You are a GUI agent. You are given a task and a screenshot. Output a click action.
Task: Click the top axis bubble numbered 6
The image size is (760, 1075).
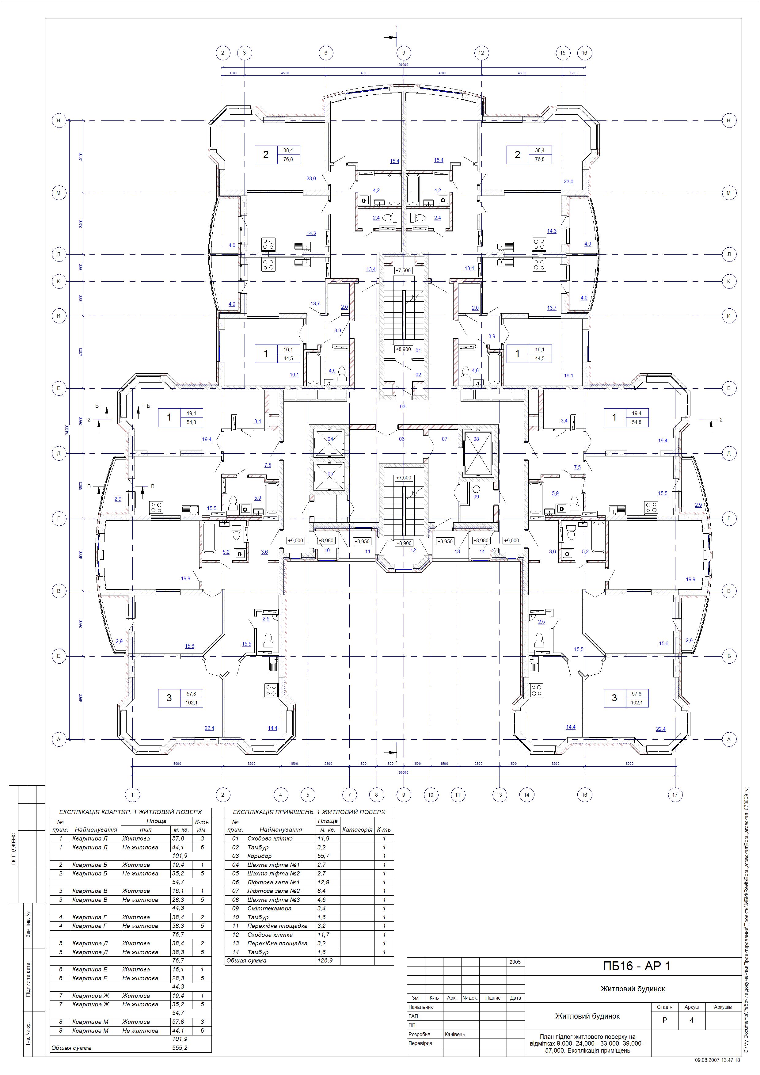coord(326,53)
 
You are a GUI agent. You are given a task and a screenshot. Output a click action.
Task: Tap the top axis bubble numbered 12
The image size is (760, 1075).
coord(481,53)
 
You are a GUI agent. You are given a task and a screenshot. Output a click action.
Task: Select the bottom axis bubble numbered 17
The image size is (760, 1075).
coord(674,794)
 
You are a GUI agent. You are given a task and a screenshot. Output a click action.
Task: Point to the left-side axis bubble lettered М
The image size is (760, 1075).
coord(59,193)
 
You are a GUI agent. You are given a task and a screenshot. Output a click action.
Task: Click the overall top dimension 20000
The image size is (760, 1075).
coord(403,65)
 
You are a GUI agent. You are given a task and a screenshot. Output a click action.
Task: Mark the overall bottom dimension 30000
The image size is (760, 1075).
coord(403,772)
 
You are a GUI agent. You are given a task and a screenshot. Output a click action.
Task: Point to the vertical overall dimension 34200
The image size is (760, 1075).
coord(67,430)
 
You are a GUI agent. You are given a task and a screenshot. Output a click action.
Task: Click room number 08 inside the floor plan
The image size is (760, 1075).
coord(476,439)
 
